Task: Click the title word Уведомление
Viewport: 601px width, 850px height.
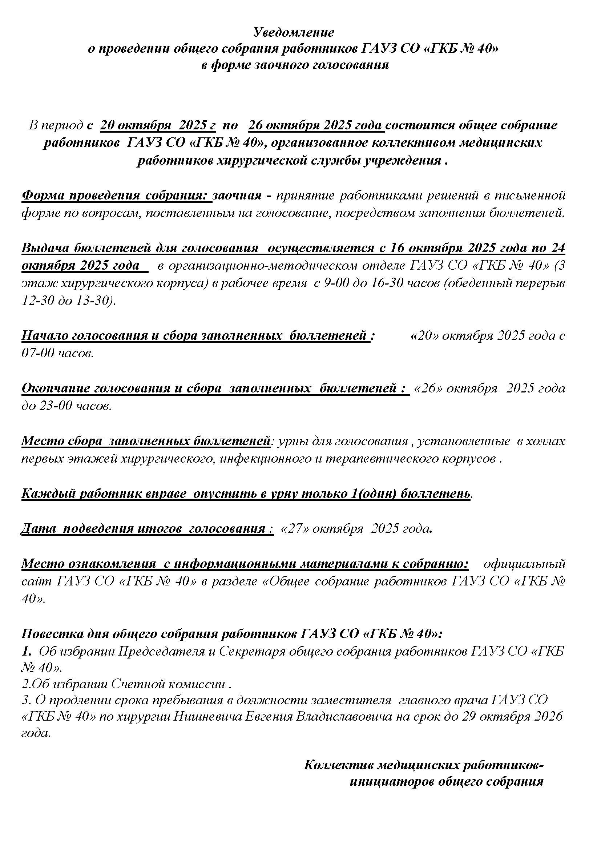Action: (294, 33)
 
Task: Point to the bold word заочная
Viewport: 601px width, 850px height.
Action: (237, 195)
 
